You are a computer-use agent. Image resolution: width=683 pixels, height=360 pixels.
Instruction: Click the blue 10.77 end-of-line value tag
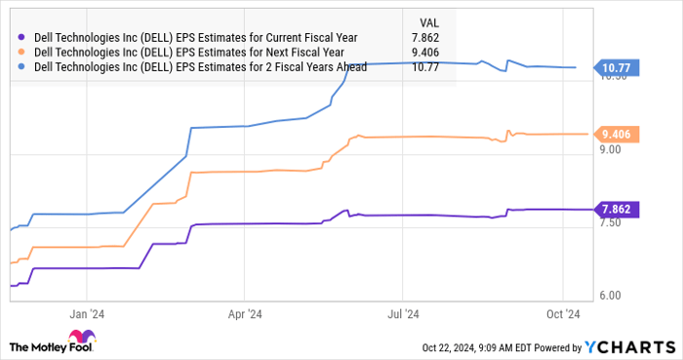(617, 67)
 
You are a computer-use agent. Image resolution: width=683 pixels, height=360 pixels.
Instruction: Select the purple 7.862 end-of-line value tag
(617, 209)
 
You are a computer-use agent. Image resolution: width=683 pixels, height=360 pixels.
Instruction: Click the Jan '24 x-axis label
(88, 314)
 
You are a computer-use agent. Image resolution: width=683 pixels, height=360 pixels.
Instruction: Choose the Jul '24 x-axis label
(403, 314)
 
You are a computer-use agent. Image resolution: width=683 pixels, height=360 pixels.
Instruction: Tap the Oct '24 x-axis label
(563, 314)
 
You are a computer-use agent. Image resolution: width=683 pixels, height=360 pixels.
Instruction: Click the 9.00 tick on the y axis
(612, 149)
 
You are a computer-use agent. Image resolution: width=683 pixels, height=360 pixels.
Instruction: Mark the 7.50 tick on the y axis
(612, 222)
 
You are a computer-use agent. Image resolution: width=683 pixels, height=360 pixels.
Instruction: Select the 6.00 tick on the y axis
(612, 295)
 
